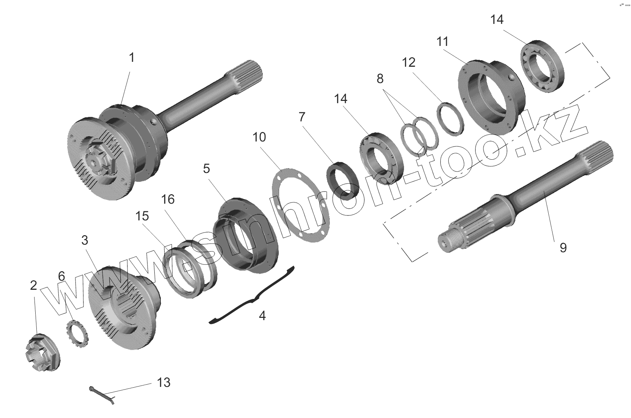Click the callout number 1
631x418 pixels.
(132, 58)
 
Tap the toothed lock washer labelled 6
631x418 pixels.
(77, 332)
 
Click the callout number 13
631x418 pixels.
(164, 382)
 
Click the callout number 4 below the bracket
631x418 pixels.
(262, 316)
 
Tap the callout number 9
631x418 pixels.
(563, 248)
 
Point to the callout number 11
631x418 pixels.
(443, 41)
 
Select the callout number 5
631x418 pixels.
(206, 168)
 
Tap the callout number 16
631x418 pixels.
(168, 199)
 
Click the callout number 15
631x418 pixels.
(142, 216)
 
